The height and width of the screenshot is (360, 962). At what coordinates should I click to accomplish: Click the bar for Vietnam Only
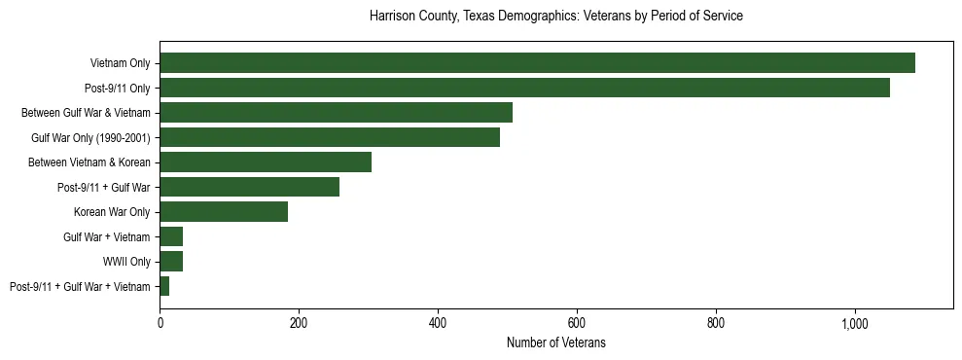(x=537, y=63)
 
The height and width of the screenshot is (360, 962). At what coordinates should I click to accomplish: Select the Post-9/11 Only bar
(x=524, y=88)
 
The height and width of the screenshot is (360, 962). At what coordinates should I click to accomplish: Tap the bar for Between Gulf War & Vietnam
(x=336, y=113)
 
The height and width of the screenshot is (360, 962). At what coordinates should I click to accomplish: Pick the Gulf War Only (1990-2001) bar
(x=330, y=137)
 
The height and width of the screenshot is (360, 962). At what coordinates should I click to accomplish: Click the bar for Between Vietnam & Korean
(x=266, y=162)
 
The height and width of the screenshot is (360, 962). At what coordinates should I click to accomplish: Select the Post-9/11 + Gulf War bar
(x=249, y=187)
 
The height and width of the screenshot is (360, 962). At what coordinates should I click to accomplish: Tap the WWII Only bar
(x=171, y=262)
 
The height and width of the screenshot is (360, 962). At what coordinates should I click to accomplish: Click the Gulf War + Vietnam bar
(x=171, y=236)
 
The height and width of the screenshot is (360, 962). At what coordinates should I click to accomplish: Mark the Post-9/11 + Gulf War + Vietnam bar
(x=164, y=286)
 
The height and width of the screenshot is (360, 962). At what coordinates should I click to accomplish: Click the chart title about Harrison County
(x=556, y=17)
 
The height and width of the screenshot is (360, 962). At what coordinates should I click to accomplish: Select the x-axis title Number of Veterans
(x=556, y=342)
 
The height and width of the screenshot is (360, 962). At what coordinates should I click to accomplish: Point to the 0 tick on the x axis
(x=160, y=323)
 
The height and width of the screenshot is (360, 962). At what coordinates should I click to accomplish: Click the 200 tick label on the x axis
(x=299, y=323)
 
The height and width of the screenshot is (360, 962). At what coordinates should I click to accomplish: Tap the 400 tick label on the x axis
(x=438, y=323)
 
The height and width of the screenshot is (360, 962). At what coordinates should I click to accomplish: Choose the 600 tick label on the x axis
(x=577, y=323)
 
